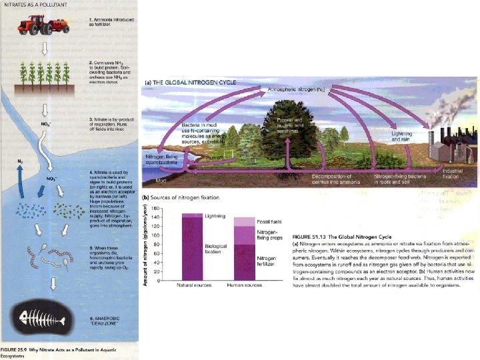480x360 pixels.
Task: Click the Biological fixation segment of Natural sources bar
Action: [x=192, y=252]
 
